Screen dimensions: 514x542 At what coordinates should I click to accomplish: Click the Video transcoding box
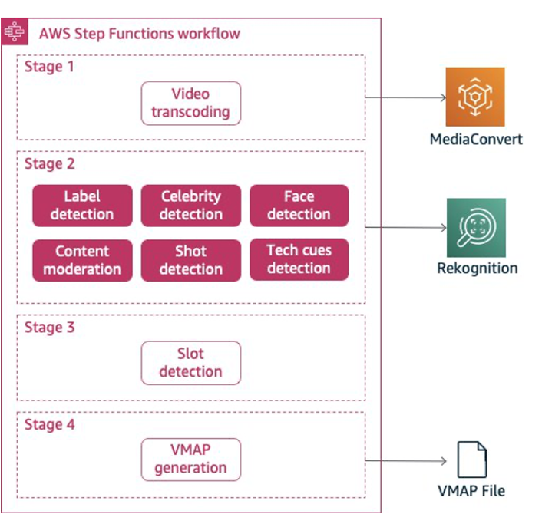190,103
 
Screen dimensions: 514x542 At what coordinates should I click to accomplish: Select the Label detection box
82,206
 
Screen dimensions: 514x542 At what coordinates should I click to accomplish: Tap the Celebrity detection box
190,206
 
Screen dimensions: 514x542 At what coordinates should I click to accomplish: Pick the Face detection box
299,206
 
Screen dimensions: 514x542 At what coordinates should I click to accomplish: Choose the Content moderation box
82,260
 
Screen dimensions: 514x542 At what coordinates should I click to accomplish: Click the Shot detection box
190,260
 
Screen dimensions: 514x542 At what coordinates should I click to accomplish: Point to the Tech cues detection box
299,259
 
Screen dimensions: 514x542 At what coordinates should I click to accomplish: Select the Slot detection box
190,363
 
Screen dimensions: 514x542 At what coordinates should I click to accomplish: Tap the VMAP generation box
190,459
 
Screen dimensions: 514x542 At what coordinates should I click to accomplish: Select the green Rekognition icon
476,228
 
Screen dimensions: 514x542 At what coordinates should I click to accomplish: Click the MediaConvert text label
476,139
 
